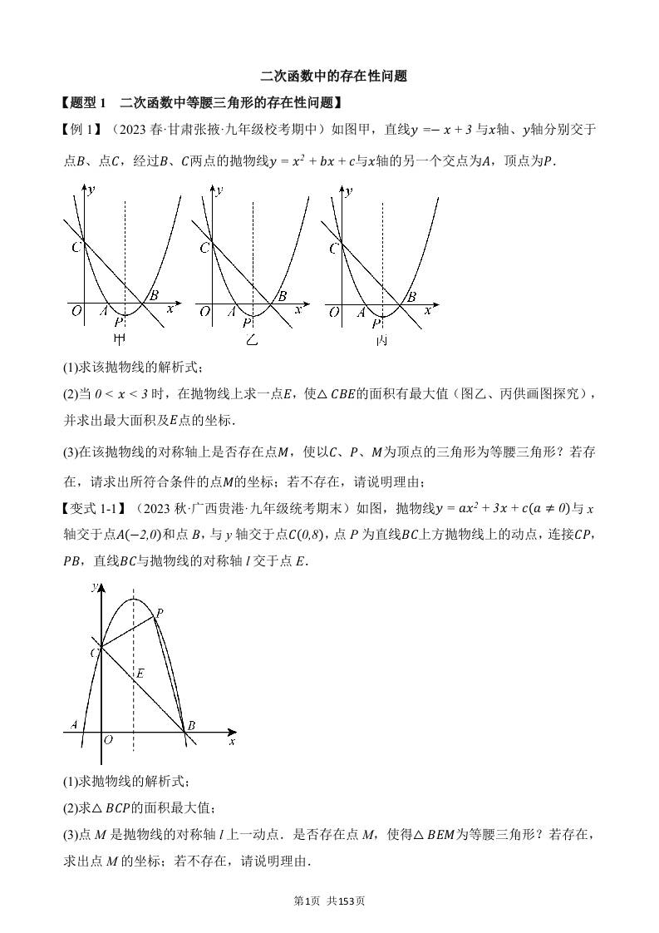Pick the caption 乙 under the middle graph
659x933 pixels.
pyautogui.click(x=249, y=341)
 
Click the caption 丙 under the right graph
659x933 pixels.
pyautogui.click(x=381, y=341)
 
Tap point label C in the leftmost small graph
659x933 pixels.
pyautogui.click(x=76, y=246)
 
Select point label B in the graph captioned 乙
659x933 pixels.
pyautogui.click(x=282, y=296)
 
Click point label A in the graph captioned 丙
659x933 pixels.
pyautogui.click(x=361, y=312)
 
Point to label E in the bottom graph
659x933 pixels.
pyautogui.click(x=140, y=673)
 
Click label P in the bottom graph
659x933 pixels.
pyautogui.click(x=160, y=613)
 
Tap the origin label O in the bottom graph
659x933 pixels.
pyautogui.click(x=108, y=738)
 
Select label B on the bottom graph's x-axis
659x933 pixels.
pyautogui.click(x=191, y=726)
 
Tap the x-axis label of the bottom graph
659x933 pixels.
pyautogui.click(x=232, y=739)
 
